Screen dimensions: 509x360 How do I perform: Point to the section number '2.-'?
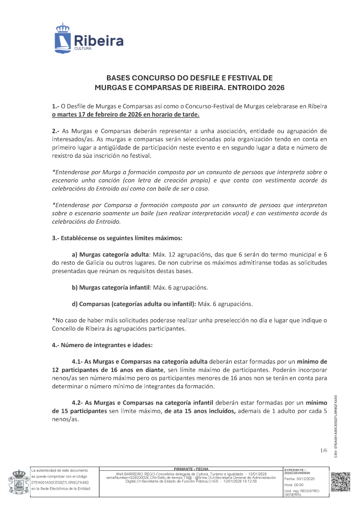tap(57, 131)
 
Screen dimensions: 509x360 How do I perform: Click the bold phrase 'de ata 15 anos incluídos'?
tap(200, 411)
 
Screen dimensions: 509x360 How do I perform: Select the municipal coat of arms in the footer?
tap(17, 482)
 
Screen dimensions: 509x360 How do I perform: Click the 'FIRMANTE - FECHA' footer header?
tap(191, 468)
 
